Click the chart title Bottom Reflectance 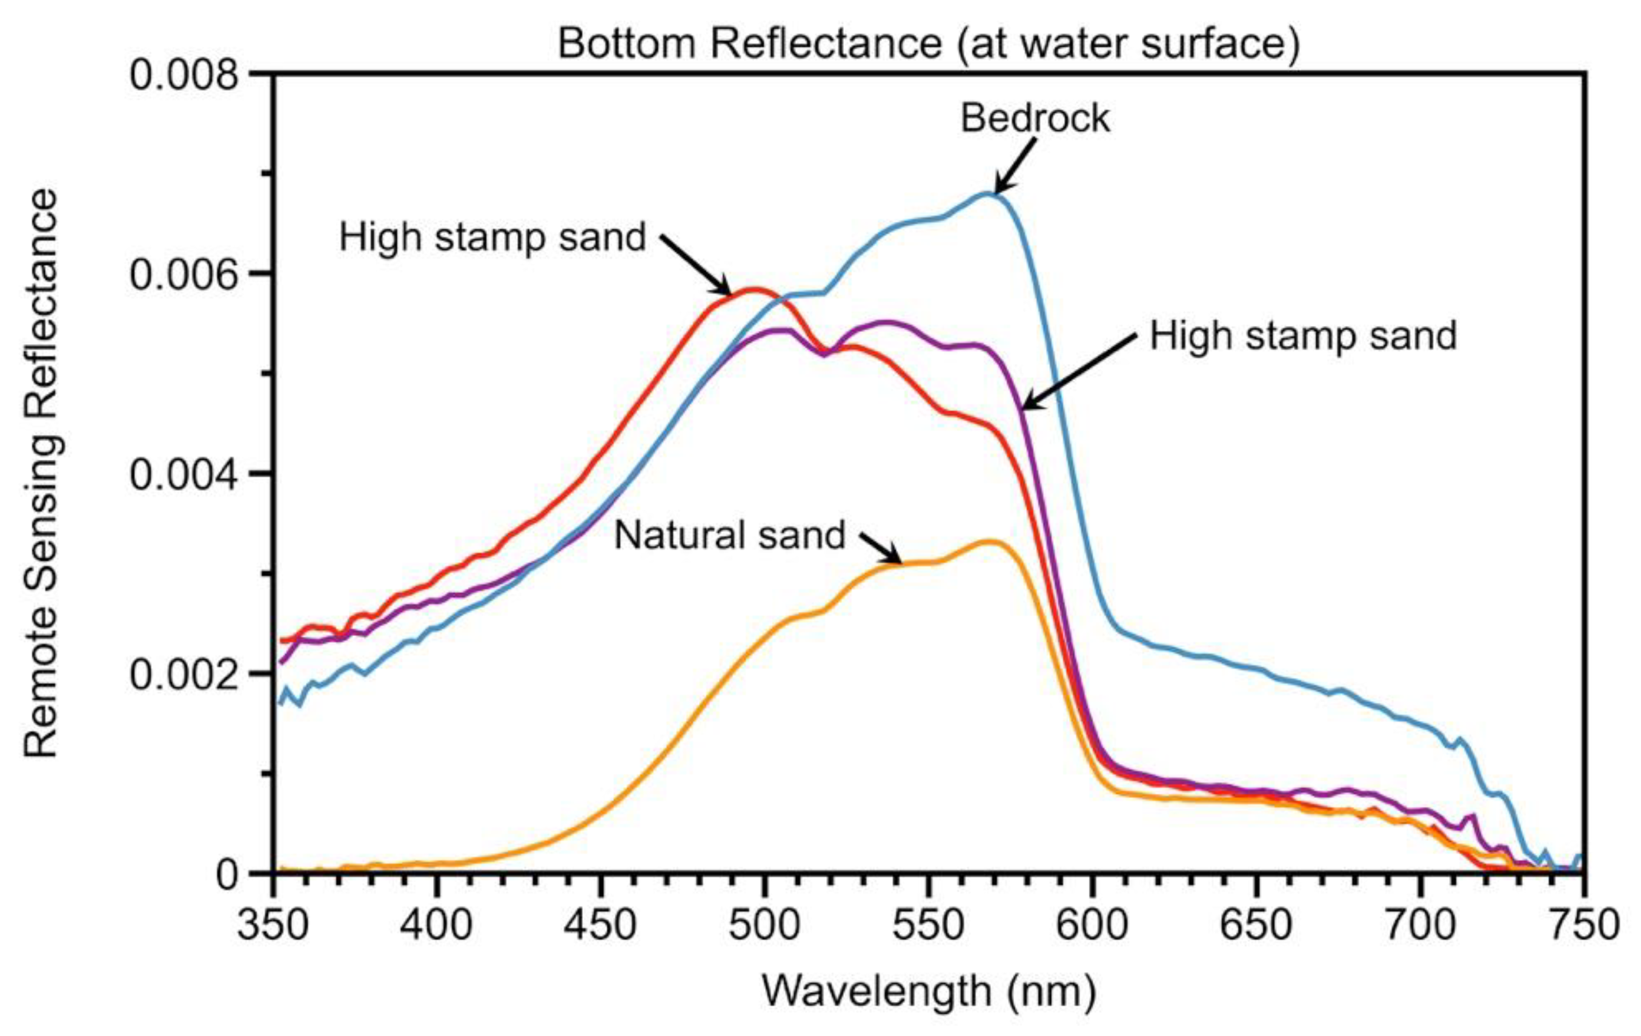coord(928,44)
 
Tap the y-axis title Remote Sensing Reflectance coord(42,473)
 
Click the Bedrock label coord(1035,119)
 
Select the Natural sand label coord(729,535)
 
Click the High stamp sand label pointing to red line coord(492,238)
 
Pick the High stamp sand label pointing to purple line coord(1303,336)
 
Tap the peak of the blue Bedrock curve coord(988,194)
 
